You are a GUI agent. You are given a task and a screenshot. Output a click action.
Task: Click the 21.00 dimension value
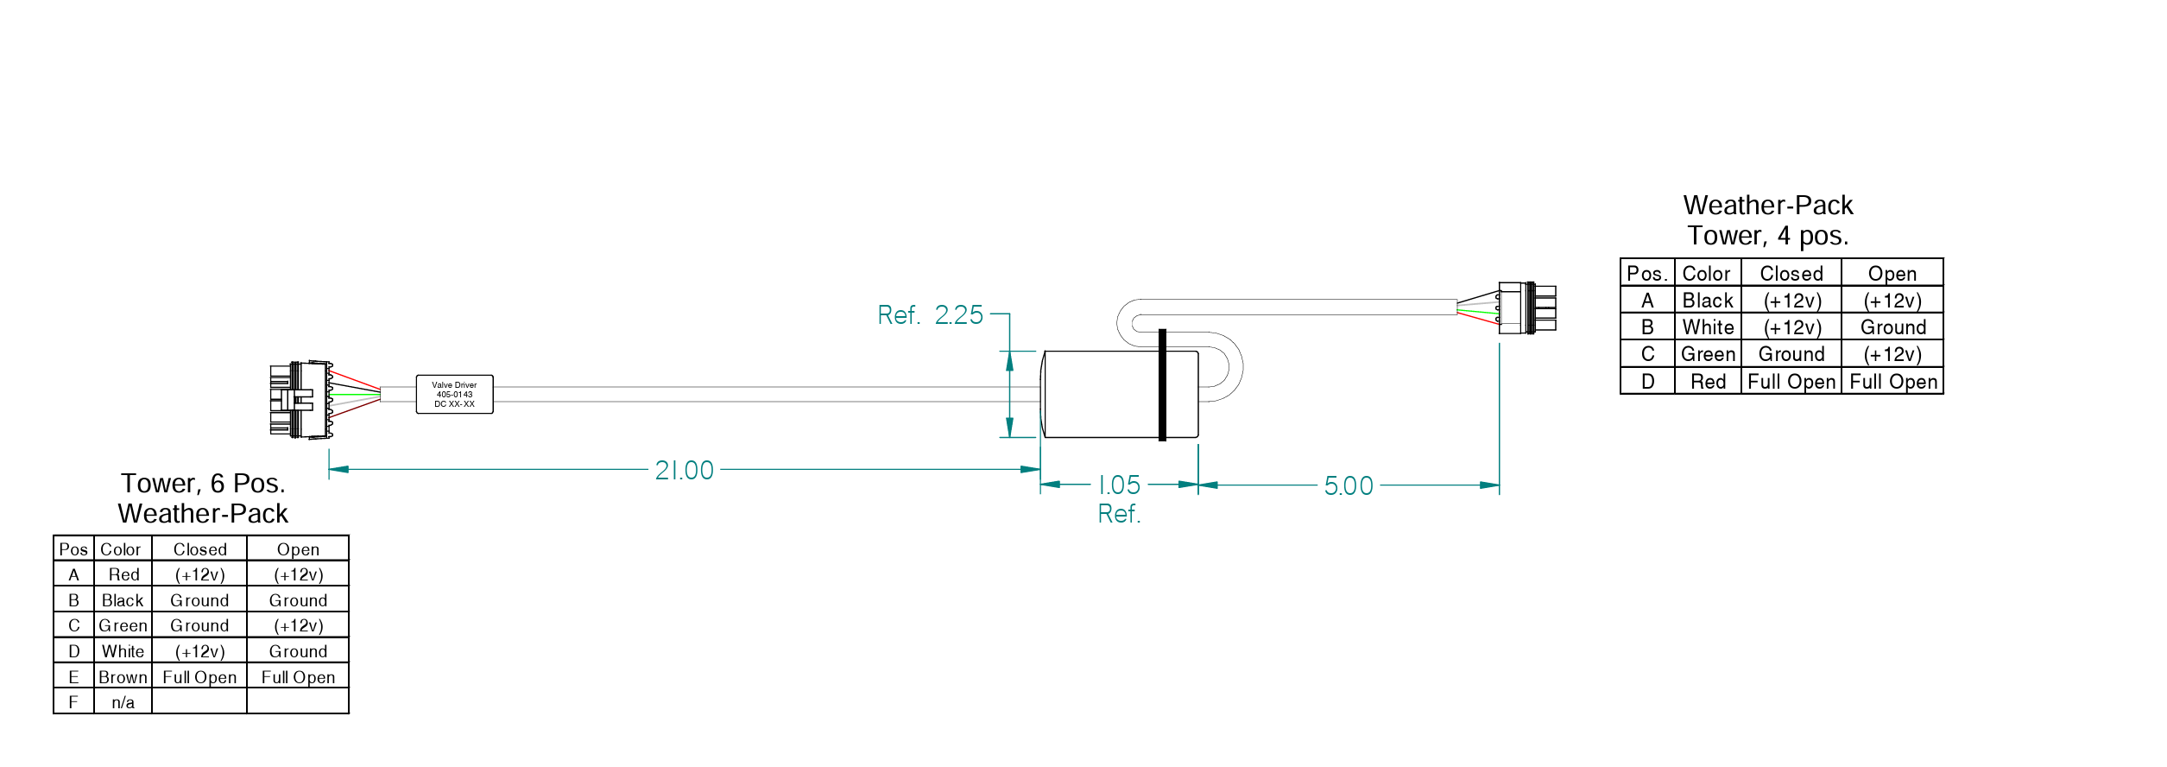[x=684, y=470]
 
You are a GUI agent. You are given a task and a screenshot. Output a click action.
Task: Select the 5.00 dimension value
[x=1348, y=485]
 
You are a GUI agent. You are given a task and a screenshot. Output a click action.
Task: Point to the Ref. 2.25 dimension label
[x=930, y=315]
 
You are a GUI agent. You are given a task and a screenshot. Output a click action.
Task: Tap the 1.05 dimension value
[x=1119, y=485]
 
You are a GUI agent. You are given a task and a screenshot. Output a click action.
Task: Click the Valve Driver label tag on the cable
[x=454, y=395]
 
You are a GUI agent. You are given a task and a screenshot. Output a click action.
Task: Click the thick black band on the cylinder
[x=1162, y=385]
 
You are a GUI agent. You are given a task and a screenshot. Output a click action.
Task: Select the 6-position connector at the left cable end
[x=299, y=399]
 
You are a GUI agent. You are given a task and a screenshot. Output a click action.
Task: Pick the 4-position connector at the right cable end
[x=1526, y=308]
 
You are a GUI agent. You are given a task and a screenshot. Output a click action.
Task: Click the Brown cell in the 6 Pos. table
[x=123, y=677]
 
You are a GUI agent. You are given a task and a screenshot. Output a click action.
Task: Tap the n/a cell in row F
[x=123, y=702]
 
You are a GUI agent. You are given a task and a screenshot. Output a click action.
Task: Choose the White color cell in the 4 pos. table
[x=1708, y=327]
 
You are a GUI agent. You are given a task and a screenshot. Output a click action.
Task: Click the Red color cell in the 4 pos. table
[x=1708, y=382]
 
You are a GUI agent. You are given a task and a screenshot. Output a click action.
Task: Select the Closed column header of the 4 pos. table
[x=1791, y=274]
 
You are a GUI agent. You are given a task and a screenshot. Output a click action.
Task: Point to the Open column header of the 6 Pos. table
[x=298, y=549]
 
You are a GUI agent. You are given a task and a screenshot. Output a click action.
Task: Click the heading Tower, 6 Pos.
[x=203, y=483]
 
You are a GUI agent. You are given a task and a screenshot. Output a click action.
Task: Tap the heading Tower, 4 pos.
[x=1768, y=236]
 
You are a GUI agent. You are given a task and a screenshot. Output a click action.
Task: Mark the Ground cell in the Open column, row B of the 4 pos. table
[x=1892, y=327]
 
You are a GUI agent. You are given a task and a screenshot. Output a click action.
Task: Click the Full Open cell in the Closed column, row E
[x=199, y=677]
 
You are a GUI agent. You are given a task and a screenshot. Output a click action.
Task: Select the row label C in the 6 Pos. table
[x=73, y=625]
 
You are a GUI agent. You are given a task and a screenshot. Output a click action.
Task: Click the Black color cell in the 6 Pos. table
[x=123, y=600]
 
